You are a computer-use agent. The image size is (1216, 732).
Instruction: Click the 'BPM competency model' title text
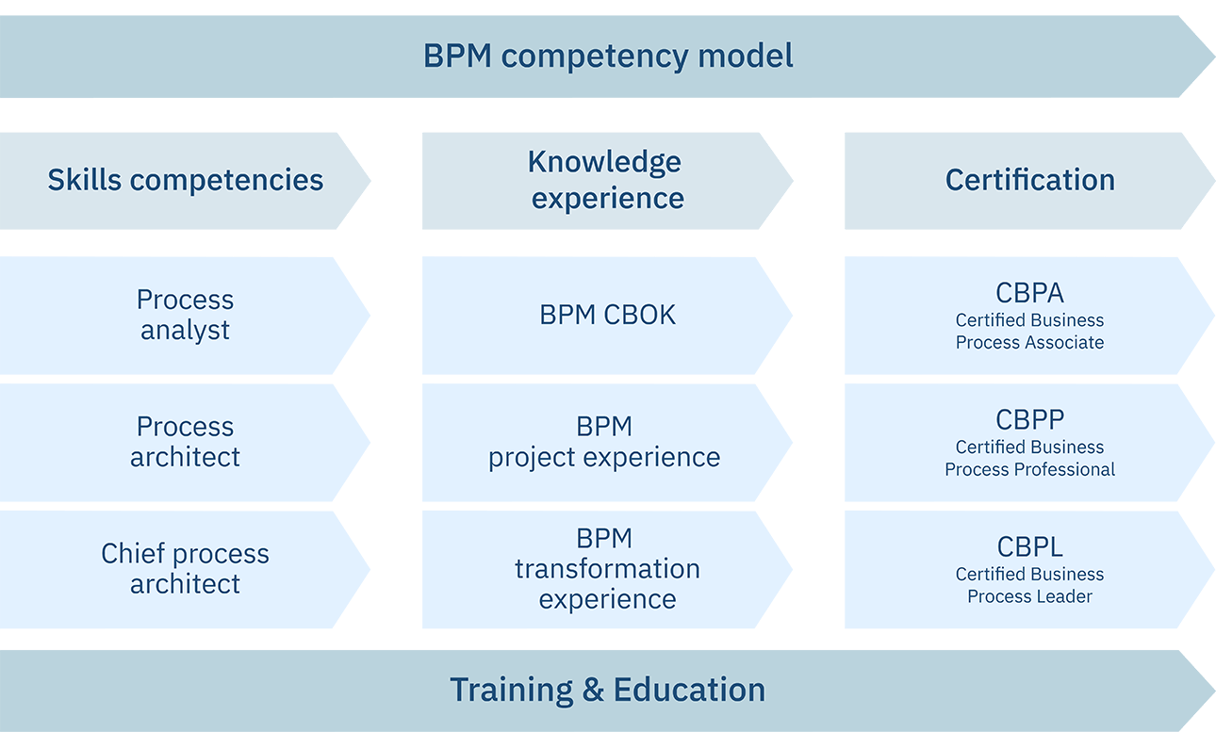[608, 56]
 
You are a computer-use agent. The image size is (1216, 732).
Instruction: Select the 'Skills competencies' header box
[186, 180]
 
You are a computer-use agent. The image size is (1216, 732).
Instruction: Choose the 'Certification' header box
[1029, 180]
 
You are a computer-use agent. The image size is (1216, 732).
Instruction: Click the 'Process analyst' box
[185, 315]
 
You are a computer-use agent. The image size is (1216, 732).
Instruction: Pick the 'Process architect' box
[185, 442]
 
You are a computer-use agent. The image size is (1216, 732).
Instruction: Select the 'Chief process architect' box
[185, 569]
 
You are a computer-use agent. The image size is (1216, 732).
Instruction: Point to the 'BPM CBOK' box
[607, 315]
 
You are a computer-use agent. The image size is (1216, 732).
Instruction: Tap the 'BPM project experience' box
[604, 442]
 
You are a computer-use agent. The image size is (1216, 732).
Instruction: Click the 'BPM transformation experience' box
[607, 569]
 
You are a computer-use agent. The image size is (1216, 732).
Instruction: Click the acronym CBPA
[1029, 293]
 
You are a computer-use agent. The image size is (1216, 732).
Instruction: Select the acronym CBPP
[1029, 419]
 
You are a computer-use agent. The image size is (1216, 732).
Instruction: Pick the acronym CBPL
[1029, 546]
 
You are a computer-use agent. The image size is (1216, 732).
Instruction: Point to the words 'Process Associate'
[1029, 343]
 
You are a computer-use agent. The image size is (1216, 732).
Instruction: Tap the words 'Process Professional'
[1029, 469]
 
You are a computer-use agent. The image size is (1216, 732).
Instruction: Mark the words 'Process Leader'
[1029, 596]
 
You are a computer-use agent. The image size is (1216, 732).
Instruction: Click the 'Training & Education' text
[607, 690]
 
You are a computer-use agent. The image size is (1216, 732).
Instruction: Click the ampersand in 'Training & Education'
[593, 691]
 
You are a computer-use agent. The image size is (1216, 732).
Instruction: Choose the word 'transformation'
[607, 569]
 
